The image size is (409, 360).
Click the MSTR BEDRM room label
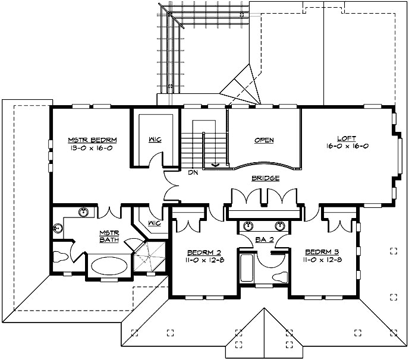click(x=92, y=140)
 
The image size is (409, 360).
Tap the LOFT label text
click(x=346, y=138)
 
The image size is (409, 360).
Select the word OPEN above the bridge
click(x=264, y=140)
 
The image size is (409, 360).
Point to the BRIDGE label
click(x=265, y=178)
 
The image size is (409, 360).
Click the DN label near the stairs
click(x=193, y=172)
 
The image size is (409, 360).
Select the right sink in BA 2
click(x=279, y=226)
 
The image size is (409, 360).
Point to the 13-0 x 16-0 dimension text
click(x=92, y=148)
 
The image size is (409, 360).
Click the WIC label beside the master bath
click(x=154, y=223)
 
